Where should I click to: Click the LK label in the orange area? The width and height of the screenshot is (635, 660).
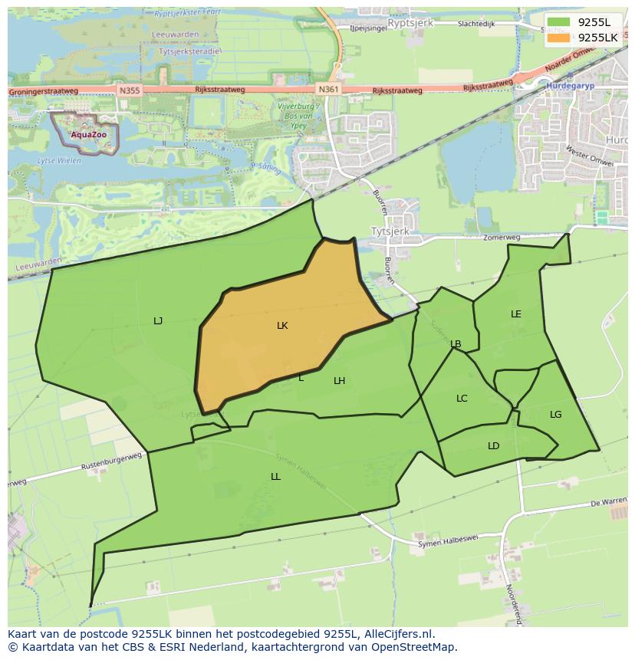click(x=282, y=326)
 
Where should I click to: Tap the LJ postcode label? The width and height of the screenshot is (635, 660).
click(x=158, y=321)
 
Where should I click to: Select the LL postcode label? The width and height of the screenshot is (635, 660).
click(x=275, y=477)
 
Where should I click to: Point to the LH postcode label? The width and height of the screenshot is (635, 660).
click(x=339, y=381)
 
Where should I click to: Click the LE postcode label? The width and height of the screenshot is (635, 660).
click(x=516, y=314)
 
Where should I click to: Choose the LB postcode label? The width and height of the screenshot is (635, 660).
click(x=456, y=344)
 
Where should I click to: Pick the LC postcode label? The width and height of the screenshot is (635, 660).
click(x=462, y=399)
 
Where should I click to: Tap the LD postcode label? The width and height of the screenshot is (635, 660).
click(x=494, y=446)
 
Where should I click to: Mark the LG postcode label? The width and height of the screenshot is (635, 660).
click(x=556, y=415)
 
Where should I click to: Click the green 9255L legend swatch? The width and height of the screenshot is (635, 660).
click(x=559, y=22)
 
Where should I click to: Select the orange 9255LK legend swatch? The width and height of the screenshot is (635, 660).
click(x=559, y=38)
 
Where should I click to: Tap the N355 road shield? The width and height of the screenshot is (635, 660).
click(x=130, y=90)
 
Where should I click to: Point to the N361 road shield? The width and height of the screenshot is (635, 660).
click(x=328, y=90)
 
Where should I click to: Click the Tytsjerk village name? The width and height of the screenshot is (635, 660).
click(x=390, y=231)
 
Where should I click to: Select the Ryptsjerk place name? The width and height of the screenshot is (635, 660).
click(x=410, y=24)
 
